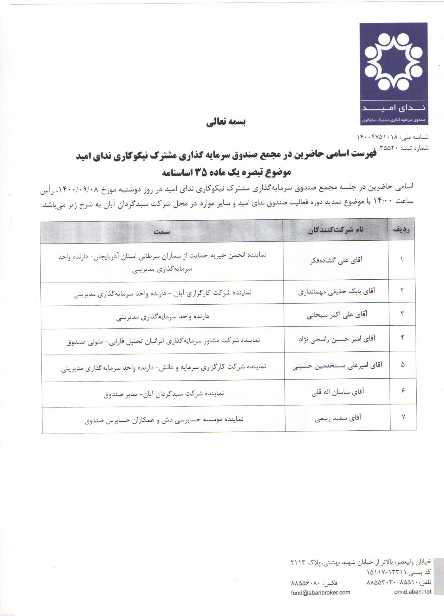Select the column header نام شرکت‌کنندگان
pyautogui.click(x=336, y=230)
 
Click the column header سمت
pyautogui.click(x=162, y=232)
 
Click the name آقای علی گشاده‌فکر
pyautogui.click(x=337, y=260)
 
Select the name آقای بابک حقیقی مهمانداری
pyautogui.click(x=337, y=292)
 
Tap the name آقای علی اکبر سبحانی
pyautogui.click(x=337, y=315)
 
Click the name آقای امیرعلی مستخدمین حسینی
pyautogui.click(x=337, y=365)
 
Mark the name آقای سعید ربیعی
pyautogui.click(x=338, y=418)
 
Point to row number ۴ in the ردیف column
pyautogui.click(x=403, y=338)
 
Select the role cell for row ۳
pyautogui.click(x=163, y=317)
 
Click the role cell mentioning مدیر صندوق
pyautogui.click(x=164, y=394)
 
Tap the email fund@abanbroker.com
pyautogui.click(x=320, y=592)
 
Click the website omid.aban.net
pyautogui.click(x=412, y=592)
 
